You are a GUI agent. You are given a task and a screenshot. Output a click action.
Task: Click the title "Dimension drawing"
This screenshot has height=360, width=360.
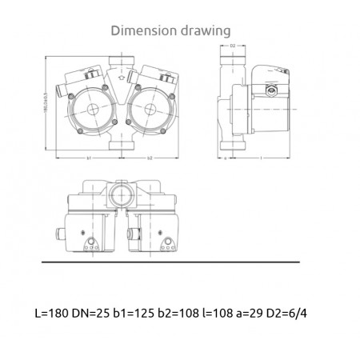(171, 30)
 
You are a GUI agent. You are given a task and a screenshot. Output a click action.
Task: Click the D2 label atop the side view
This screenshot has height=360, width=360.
(231, 46)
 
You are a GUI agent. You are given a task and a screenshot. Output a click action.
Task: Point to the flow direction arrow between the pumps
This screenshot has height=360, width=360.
(120, 78)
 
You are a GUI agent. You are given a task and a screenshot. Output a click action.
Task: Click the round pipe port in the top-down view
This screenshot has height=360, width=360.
(119, 195)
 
